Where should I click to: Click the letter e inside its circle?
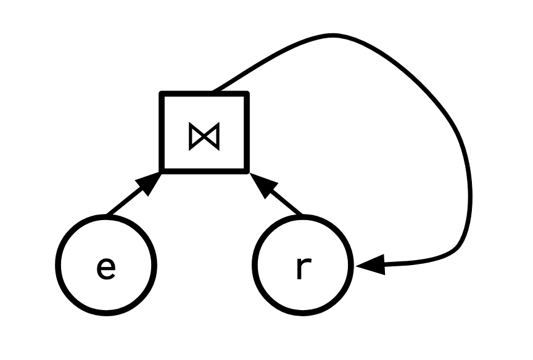tap(106, 268)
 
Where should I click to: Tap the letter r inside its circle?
tap(301, 268)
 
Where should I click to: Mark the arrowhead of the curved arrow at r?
tap(370, 266)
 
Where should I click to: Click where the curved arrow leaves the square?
tap(214, 92)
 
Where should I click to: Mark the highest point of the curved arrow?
tap(333, 35)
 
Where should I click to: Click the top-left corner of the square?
tap(162, 94)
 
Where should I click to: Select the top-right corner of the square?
tap(247, 94)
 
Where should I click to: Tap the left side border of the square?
tap(162, 132)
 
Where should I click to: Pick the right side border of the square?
tap(247, 132)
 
